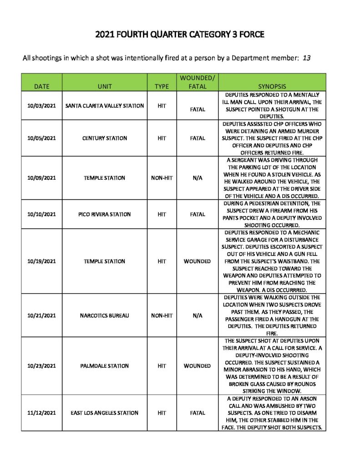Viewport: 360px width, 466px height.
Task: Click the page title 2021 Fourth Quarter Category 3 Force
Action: (x=180, y=35)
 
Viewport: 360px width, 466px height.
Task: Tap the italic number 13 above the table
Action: (x=306, y=58)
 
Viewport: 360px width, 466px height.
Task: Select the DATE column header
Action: (x=41, y=86)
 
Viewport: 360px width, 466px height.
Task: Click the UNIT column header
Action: (x=104, y=86)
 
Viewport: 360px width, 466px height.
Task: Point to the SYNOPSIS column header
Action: (x=272, y=86)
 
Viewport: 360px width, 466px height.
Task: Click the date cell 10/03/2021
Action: (x=41, y=106)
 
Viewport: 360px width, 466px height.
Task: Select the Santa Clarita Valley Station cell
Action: (x=104, y=106)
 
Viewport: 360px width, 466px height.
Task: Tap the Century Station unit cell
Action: (x=104, y=138)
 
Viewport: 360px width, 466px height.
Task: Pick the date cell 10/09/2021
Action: (x=41, y=178)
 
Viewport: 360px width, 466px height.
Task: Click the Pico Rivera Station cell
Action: (x=104, y=214)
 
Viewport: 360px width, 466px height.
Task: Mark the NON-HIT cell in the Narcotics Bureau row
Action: (x=162, y=315)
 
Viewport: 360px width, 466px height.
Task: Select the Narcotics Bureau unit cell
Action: (x=104, y=315)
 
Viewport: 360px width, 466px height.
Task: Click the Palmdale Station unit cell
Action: (x=104, y=366)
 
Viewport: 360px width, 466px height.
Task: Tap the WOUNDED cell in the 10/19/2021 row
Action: (x=197, y=261)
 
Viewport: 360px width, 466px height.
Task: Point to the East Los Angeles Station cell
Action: (x=104, y=413)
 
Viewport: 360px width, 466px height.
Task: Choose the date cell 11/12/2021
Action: (x=41, y=413)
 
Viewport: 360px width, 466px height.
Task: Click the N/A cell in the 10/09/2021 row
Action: (x=197, y=178)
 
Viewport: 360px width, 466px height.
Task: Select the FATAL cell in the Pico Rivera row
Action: (x=197, y=214)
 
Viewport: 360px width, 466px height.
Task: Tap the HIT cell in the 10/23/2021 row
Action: (x=162, y=366)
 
